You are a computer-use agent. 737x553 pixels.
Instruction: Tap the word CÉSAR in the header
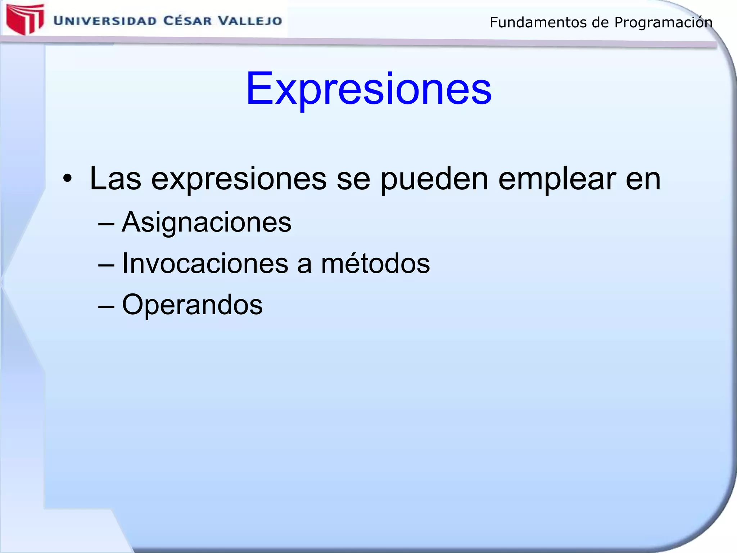187,21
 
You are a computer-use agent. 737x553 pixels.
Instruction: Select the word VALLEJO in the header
250,21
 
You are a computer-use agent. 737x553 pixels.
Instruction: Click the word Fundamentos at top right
539,23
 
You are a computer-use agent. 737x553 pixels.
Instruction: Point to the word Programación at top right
663,23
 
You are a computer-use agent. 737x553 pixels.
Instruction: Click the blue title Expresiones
368,89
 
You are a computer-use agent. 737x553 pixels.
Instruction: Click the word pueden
434,179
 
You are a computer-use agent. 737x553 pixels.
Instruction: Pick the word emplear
557,179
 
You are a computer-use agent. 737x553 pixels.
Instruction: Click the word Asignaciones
207,222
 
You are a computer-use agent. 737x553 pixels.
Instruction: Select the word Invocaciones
205,264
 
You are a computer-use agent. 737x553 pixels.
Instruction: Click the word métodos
375,264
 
